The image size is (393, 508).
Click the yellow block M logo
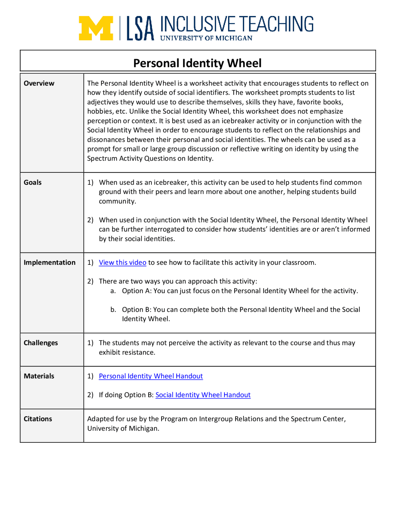(96, 28)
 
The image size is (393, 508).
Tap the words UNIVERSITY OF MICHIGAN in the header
(206, 38)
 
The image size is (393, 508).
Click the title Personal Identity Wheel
(197, 63)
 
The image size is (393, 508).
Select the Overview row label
(39, 83)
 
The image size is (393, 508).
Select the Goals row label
(33, 183)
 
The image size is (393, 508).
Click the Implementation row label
(49, 263)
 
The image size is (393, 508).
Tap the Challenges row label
(41, 343)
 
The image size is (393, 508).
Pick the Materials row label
(39, 376)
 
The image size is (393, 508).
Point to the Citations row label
(38, 419)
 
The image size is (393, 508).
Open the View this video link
(122, 263)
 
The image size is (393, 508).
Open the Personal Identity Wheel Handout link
(151, 376)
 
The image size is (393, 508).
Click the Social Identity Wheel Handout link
(203, 395)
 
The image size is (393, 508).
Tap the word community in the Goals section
(117, 201)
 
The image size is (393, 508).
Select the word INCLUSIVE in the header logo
(198, 25)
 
